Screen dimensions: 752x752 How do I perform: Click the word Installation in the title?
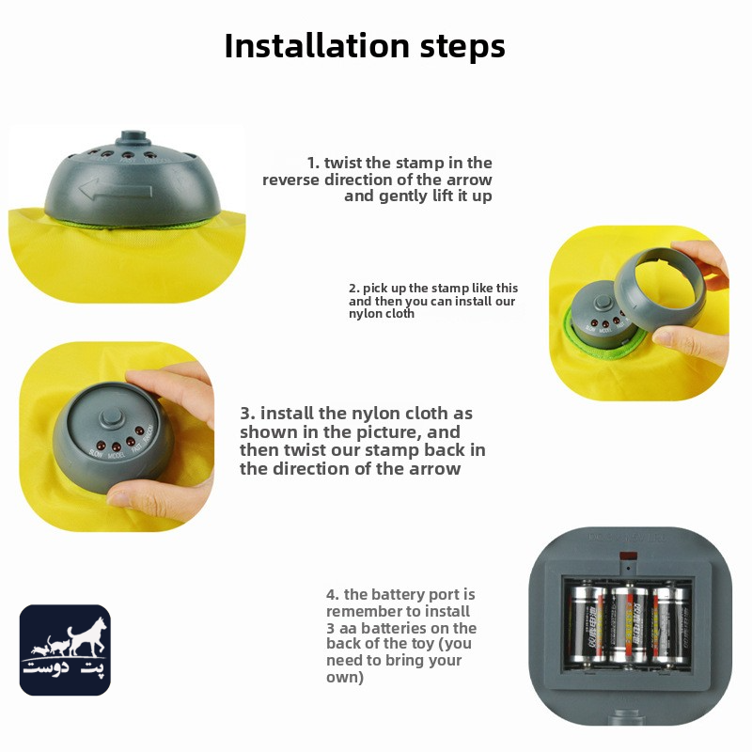pos(317,45)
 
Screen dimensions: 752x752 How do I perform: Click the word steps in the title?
pos(462,46)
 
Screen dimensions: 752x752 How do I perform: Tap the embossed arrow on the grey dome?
pos(115,189)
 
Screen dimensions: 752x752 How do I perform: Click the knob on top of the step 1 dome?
pos(133,137)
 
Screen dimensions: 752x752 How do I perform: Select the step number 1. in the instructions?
pos(313,163)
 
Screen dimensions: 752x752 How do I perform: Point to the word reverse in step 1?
pos(290,180)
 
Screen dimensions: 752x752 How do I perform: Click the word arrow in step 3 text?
pos(434,469)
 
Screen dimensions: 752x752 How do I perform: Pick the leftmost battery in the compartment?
pos(587,623)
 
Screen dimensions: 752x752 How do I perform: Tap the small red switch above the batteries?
pos(628,556)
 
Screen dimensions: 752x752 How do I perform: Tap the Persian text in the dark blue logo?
pos(65,666)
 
